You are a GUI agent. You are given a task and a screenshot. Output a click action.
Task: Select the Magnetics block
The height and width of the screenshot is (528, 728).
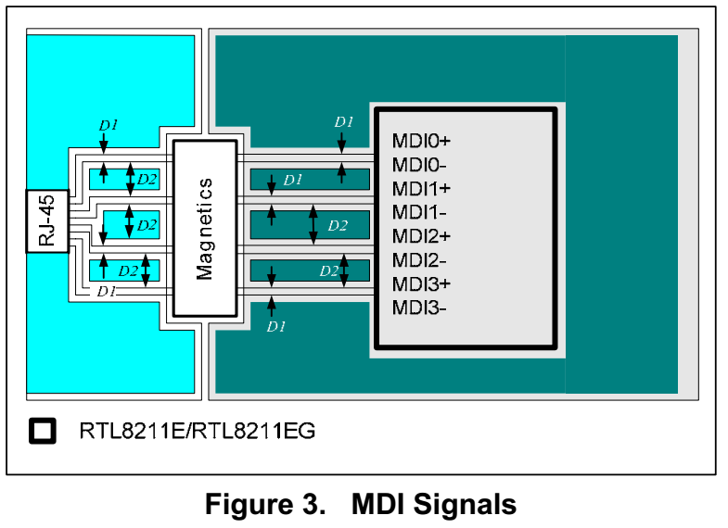(x=204, y=228)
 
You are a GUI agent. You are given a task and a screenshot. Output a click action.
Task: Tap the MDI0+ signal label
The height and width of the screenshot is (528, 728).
(x=421, y=141)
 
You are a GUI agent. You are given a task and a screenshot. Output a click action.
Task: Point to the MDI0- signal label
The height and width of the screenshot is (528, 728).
(x=419, y=165)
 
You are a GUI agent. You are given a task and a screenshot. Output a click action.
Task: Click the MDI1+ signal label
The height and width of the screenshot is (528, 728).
(x=421, y=188)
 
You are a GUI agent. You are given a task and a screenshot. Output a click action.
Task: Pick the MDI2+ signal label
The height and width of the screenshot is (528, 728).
(x=421, y=235)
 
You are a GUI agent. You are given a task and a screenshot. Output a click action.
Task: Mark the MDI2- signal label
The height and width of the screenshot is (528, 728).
(x=419, y=259)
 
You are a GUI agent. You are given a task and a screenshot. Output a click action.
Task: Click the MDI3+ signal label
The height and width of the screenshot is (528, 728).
(x=421, y=283)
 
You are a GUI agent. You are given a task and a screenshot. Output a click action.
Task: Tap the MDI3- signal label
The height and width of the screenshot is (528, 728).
(x=419, y=307)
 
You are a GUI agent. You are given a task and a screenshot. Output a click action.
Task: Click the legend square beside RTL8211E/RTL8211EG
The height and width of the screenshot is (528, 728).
(x=43, y=431)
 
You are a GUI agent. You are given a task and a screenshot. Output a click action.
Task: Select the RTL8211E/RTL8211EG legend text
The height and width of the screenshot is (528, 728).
(x=197, y=431)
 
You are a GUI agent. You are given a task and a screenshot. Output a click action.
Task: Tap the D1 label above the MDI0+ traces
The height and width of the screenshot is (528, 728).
(x=344, y=122)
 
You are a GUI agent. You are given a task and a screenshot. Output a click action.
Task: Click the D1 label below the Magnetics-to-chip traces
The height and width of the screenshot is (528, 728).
(x=275, y=326)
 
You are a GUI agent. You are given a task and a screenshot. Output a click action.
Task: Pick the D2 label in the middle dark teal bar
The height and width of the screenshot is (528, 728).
(x=338, y=225)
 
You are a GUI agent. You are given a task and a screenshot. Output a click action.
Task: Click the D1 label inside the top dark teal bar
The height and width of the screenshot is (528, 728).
(x=293, y=180)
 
